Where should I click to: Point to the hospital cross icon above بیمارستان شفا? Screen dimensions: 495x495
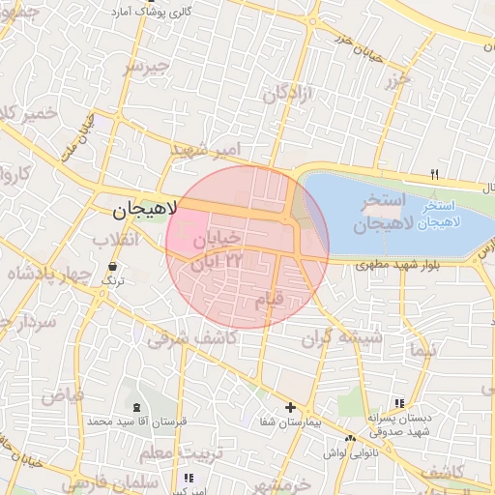pyautogui.click(x=290, y=407)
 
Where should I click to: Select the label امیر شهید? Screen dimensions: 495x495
pyautogui.click(x=204, y=150)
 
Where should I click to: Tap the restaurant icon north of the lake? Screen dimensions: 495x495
pyautogui.click(x=434, y=174)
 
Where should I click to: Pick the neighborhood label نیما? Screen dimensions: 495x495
pyautogui.click(x=422, y=348)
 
